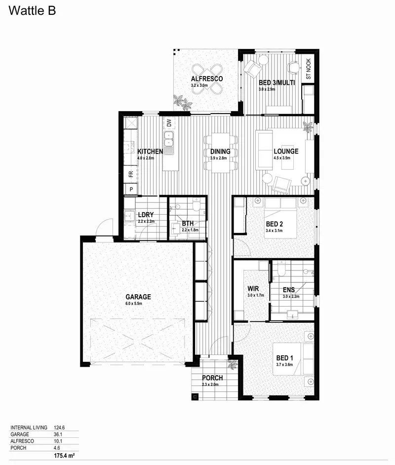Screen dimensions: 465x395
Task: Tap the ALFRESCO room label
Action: [x=207, y=79]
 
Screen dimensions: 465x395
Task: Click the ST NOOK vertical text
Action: [x=309, y=70]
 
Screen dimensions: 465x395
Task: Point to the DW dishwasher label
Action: [x=169, y=123]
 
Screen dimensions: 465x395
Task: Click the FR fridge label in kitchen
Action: [x=131, y=174]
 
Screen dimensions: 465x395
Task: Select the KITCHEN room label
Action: [x=150, y=152]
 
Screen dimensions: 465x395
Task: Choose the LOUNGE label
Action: [x=286, y=152]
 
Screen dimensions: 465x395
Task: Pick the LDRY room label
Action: [x=146, y=215]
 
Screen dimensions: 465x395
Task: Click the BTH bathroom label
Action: [x=188, y=224]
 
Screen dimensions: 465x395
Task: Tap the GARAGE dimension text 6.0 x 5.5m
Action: [x=134, y=304]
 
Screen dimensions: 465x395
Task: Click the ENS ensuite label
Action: [x=288, y=290]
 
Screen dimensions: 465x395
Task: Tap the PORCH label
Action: [x=212, y=378]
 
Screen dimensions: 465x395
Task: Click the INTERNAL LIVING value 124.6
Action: [x=60, y=427]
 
